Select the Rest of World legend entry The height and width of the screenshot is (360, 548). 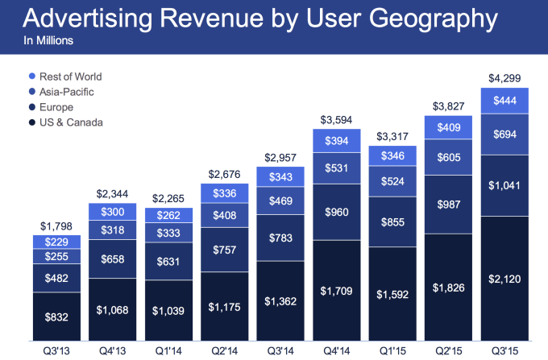point(69,77)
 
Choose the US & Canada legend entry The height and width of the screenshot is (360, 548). point(69,122)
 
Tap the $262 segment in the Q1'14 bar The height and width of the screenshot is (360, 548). point(168,215)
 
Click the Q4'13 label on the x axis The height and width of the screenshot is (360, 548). point(111,350)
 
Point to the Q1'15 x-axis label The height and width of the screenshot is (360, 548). point(390,350)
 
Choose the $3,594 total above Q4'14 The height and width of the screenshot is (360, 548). point(334,120)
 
